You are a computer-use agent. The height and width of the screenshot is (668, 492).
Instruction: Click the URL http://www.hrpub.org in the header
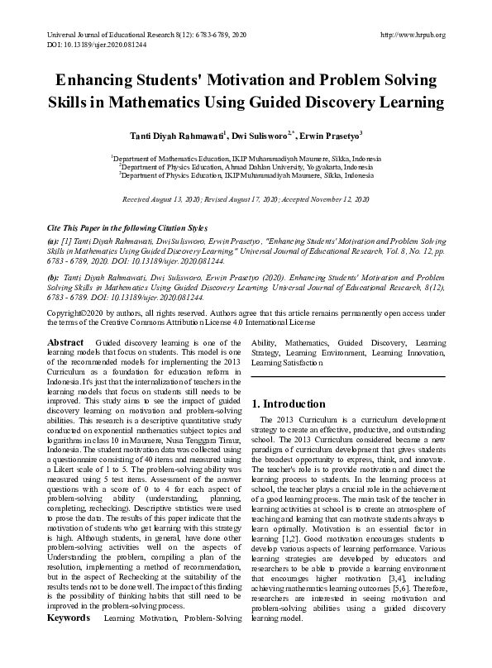411,34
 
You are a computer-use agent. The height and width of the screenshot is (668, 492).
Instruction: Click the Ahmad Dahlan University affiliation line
246,165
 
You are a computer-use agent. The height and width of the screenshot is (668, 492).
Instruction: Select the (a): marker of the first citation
52,238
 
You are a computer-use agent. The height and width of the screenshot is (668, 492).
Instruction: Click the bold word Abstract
65,341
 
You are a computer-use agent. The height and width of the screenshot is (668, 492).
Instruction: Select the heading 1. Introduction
288,404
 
